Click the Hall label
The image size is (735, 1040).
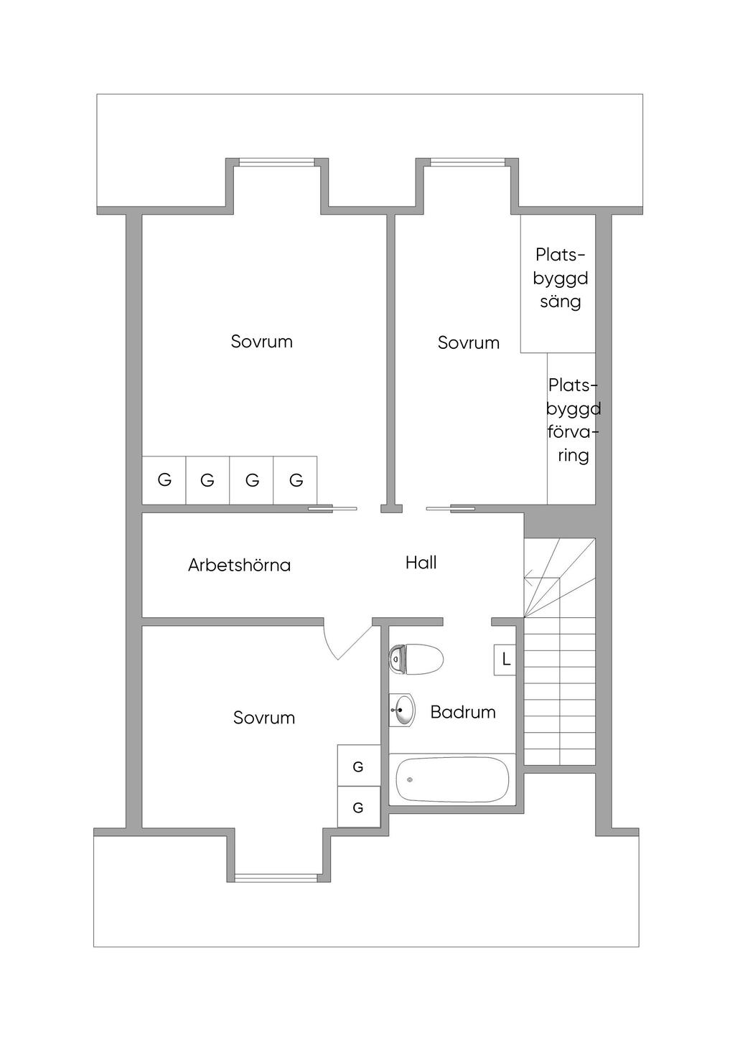[x=421, y=563]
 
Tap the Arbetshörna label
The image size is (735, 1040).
[x=239, y=566]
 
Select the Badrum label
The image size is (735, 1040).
[x=463, y=712]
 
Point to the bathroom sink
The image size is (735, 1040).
[x=402, y=711]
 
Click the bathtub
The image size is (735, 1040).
[x=452, y=779]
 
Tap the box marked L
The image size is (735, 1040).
[x=505, y=660]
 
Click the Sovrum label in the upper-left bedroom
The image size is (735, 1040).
[x=261, y=342]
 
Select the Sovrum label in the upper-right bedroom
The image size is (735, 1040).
[x=468, y=343]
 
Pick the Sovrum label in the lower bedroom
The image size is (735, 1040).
[x=263, y=718]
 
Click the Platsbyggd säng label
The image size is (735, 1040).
[x=560, y=278]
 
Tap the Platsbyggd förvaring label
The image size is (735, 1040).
[x=573, y=421]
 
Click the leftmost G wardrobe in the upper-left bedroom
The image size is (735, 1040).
[x=164, y=480]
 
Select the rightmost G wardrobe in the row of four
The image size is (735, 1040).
[x=296, y=480]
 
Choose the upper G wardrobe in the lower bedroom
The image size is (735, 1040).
[x=358, y=767]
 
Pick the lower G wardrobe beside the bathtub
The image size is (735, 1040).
[x=358, y=807]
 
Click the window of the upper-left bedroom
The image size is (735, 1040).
[x=276, y=162]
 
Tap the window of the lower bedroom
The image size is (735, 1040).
[x=276, y=877]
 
